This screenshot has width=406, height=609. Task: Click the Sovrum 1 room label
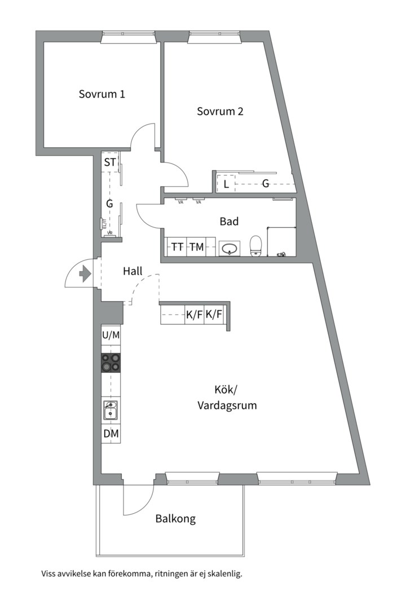pyautogui.click(x=101, y=94)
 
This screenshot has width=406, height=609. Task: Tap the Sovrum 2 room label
pyautogui.click(x=220, y=111)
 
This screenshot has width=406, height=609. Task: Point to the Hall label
pyautogui.click(x=133, y=271)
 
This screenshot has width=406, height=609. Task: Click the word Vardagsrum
pyautogui.click(x=227, y=405)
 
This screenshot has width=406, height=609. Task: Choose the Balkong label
pyautogui.click(x=175, y=519)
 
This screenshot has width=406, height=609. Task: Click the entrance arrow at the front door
pyautogui.click(x=85, y=275)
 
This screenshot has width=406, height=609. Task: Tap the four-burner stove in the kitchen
pyautogui.click(x=111, y=363)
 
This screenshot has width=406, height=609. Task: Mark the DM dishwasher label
pyautogui.click(x=111, y=434)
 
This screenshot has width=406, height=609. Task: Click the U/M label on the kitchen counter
pyautogui.click(x=111, y=335)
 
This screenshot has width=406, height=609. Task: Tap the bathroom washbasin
pyautogui.click(x=230, y=248)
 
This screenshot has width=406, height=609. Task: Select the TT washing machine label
pyautogui.click(x=178, y=246)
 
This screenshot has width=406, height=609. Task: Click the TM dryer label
pyautogui.click(x=196, y=246)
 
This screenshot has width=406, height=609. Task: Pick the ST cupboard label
pyautogui.click(x=109, y=163)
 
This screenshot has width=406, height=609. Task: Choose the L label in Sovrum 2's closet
pyautogui.click(x=226, y=184)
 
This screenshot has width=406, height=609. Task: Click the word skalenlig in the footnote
pyautogui.click(x=224, y=574)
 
